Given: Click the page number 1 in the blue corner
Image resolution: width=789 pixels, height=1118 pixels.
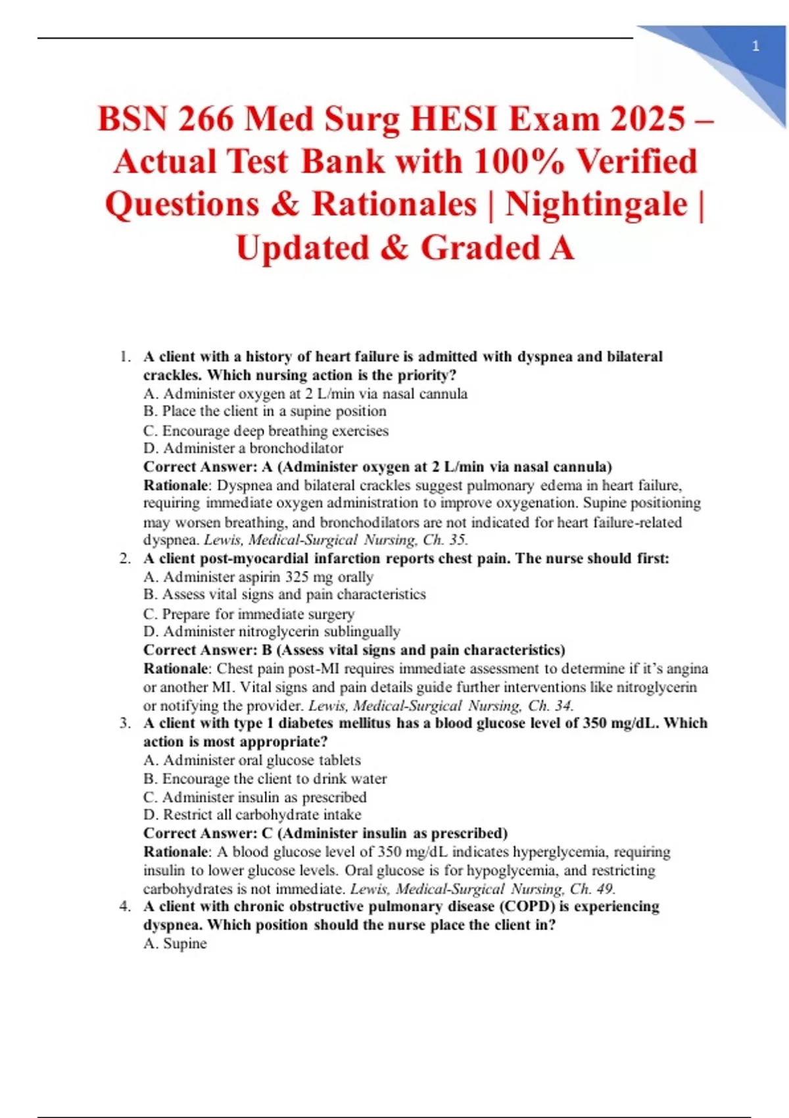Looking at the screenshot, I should point(755,46).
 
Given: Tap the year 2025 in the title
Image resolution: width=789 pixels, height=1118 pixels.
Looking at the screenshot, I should point(648,120).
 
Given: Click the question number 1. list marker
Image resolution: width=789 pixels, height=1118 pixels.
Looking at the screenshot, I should point(126,357).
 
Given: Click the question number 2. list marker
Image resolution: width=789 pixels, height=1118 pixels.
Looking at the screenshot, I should point(126,559).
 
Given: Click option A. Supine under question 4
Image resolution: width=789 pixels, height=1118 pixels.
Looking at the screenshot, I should point(175,944).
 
